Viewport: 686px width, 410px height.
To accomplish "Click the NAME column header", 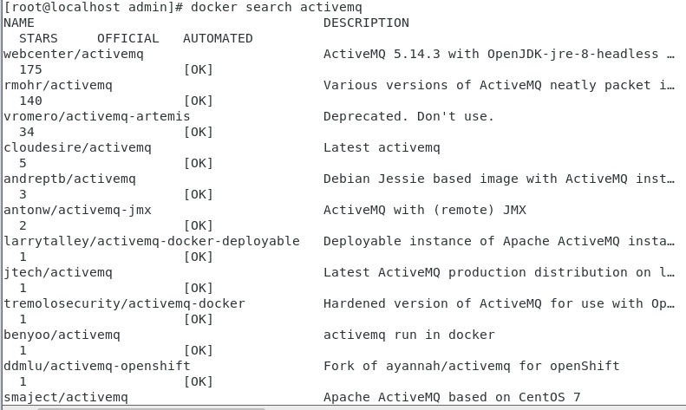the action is click(19, 23).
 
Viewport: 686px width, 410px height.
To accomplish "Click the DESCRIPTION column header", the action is click(366, 23).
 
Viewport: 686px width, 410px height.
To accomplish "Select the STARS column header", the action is click(38, 38).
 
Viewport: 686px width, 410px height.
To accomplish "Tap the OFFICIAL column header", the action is click(128, 38).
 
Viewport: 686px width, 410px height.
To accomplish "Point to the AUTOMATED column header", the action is click(218, 38).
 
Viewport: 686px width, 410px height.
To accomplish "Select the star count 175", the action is click(30, 69).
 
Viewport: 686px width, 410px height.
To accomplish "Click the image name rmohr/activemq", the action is click(58, 85).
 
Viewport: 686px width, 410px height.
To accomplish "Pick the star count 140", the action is click(30, 101).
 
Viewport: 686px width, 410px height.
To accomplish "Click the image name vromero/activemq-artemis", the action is click(97, 116).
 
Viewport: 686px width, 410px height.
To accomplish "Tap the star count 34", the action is click(27, 132).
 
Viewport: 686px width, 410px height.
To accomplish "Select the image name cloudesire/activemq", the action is click(77, 147).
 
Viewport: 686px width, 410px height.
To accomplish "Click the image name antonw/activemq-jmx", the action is click(77, 210).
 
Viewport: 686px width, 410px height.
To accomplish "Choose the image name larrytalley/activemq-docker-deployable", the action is click(152, 241).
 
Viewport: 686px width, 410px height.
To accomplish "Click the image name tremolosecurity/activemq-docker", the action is click(124, 303).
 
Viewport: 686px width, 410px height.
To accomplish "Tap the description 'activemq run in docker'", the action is click(409, 335).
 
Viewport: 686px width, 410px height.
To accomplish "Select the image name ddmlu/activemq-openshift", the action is click(97, 366).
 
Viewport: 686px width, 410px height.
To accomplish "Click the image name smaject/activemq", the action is click(66, 397).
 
